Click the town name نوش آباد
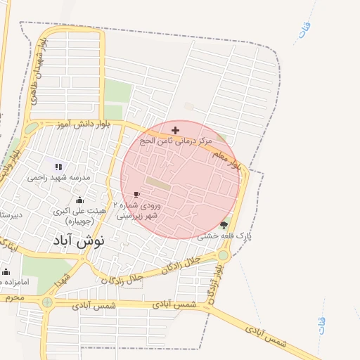click(x=78, y=240)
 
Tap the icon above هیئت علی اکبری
click(x=79, y=200)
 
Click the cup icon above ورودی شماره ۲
click(x=136, y=194)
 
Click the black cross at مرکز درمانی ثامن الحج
click(x=175, y=130)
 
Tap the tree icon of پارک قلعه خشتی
click(x=224, y=225)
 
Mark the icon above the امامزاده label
click(x=6, y=271)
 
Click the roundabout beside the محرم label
click(x=47, y=302)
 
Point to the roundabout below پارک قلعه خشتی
click(x=222, y=255)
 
